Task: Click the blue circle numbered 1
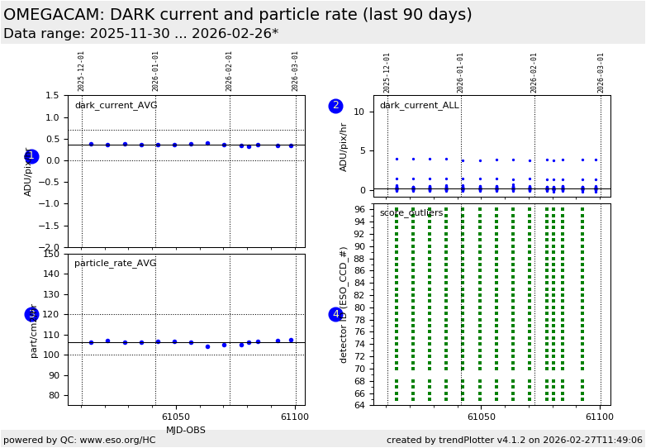click(x=31, y=156)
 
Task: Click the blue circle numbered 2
click(x=335, y=106)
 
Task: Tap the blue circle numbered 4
click(x=335, y=314)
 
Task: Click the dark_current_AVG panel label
click(x=116, y=106)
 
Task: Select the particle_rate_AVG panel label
click(x=116, y=264)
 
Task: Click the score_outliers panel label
click(x=411, y=213)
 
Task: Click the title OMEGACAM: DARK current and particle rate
click(x=238, y=15)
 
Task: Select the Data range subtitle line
click(x=140, y=34)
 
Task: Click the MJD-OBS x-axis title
click(x=186, y=430)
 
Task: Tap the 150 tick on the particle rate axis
click(x=52, y=254)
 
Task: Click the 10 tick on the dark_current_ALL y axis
click(x=358, y=112)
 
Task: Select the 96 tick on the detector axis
click(x=359, y=209)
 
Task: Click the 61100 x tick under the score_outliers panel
click(x=599, y=417)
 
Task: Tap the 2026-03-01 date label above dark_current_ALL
click(x=601, y=72)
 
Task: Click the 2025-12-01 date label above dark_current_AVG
click(x=81, y=71)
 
